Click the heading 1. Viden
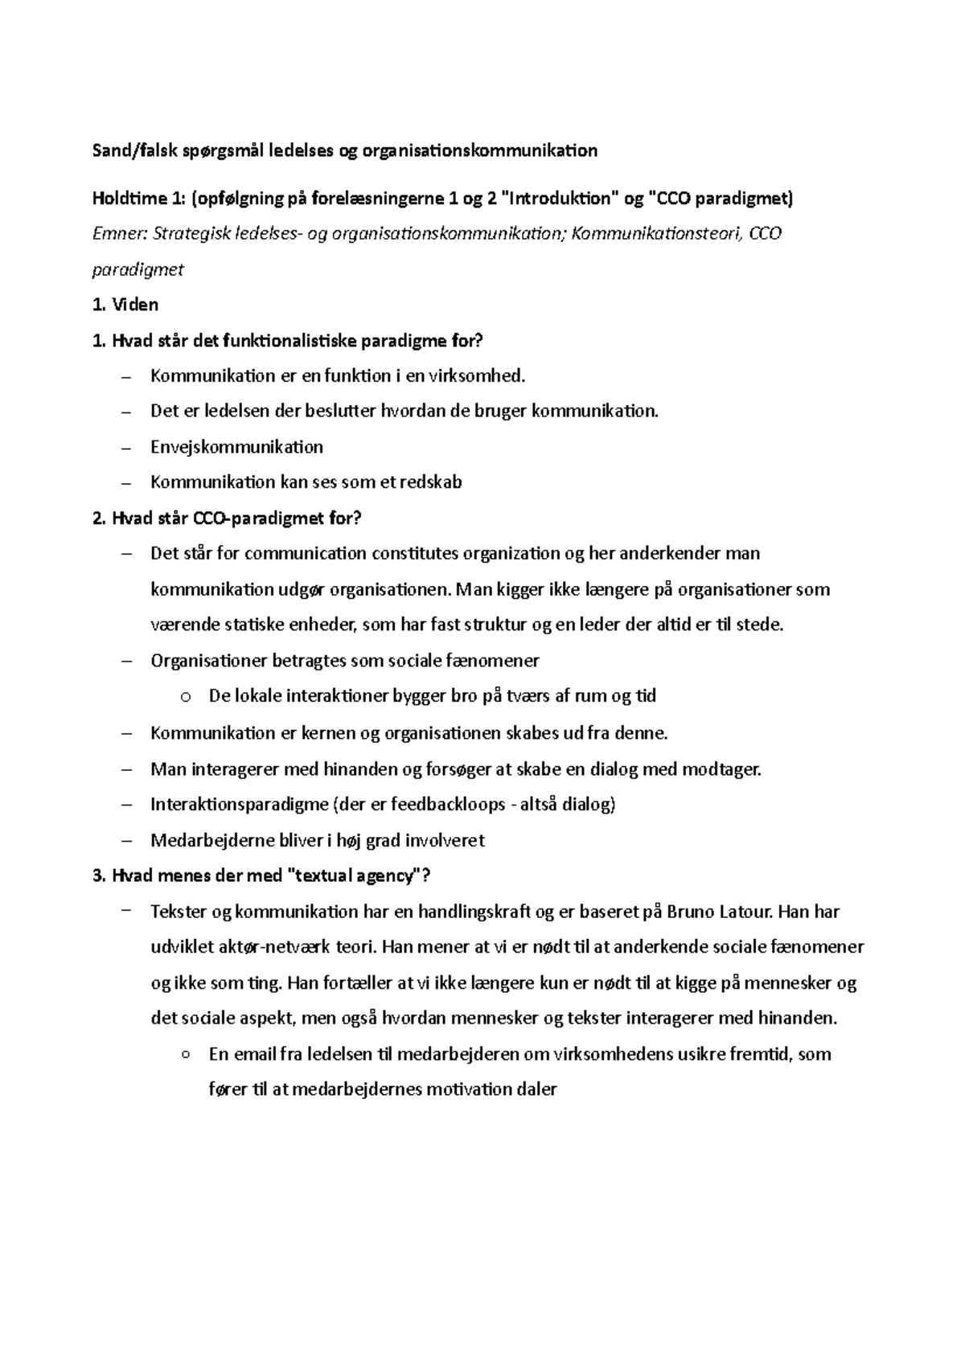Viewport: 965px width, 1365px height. point(126,305)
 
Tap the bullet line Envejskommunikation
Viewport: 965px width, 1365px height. point(236,447)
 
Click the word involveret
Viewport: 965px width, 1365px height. point(445,841)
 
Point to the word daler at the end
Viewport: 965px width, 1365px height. point(537,1090)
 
